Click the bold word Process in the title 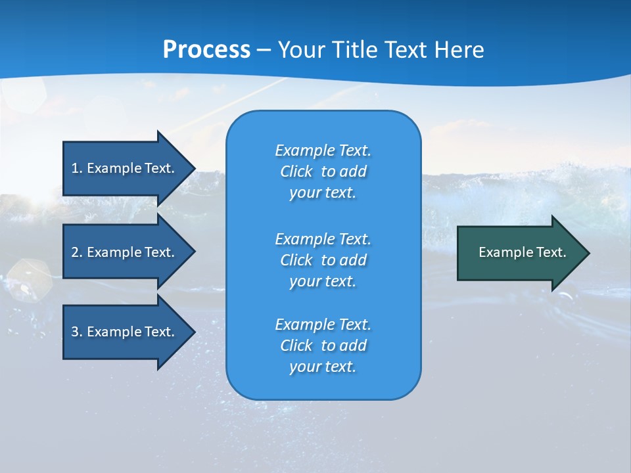click(x=206, y=50)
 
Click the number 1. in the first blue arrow click(x=77, y=168)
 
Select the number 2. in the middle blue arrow click(x=77, y=252)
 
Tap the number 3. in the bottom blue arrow click(x=77, y=332)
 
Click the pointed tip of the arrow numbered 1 click(x=194, y=168)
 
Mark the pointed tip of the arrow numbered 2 click(x=194, y=252)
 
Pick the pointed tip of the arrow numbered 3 click(x=194, y=332)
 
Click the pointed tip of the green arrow click(x=588, y=253)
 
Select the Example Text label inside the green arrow click(x=522, y=252)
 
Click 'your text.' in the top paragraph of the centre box click(x=322, y=193)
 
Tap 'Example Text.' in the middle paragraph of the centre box click(x=323, y=238)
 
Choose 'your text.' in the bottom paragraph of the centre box click(x=322, y=367)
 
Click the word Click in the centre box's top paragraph click(x=296, y=172)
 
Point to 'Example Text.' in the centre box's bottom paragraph click(x=323, y=325)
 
